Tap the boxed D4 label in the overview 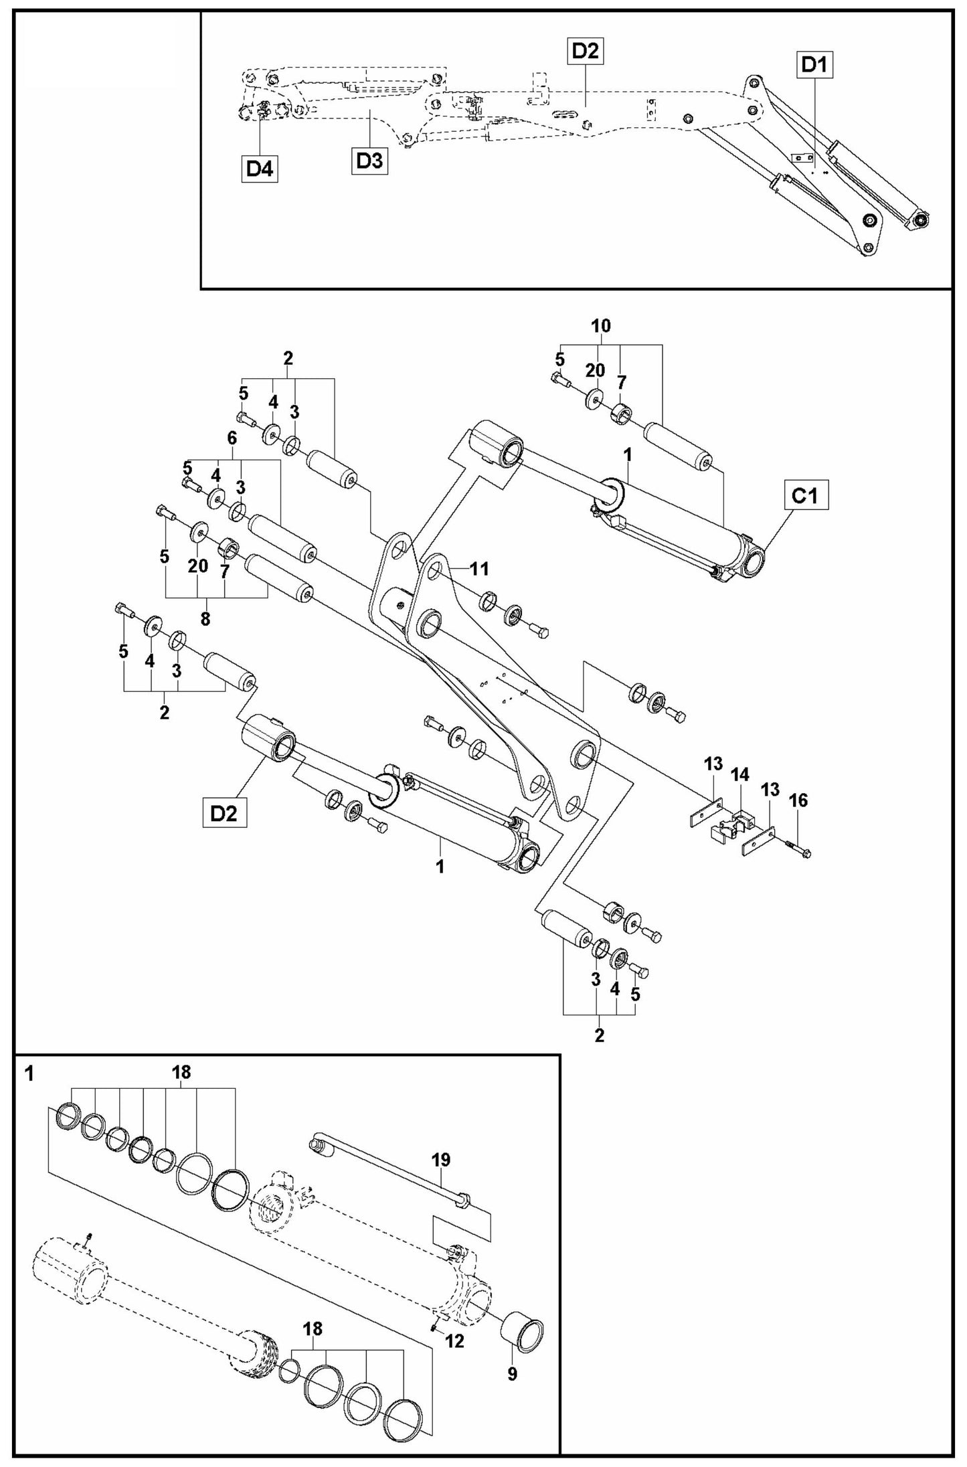coord(260,169)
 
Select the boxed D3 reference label coord(369,161)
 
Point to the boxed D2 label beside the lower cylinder coord(224,814)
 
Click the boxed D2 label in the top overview coord(586,52)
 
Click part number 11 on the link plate coord(479,569)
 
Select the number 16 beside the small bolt coord(798,800)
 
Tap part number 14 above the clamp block coord(739,775)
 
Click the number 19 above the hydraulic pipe coord(441,1160)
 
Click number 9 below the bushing coord(512,1375)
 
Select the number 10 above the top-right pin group coord(601,326)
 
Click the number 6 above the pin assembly coord(232,438)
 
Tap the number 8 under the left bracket coord(205,619)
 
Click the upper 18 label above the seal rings coord(181,1072)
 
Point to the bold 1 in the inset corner coord(29,1075)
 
